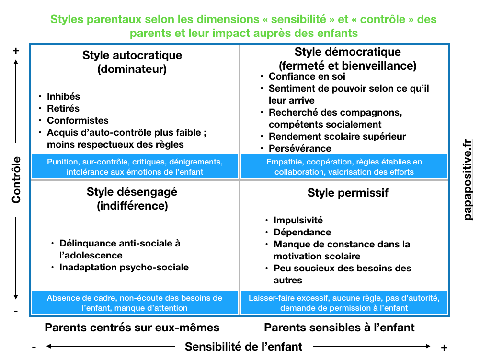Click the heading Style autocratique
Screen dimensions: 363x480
click(x=132, y=55)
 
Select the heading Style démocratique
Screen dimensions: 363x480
click(x=347, y=52)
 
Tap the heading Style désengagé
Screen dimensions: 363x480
click(x=132, y=192)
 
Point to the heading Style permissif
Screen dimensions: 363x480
click(x=348, y=193)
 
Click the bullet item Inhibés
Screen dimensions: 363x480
click(x=63, y=97)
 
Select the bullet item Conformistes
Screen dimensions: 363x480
click(x=78, y=120)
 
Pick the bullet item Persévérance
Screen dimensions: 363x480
click(x=300, y=148)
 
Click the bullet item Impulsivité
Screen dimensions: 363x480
click(x=298, y=220)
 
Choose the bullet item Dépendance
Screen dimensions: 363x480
click(x=302, y=232)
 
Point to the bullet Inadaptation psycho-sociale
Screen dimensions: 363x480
click(x=124, y=267)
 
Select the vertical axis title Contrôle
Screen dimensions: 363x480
click(x=16, y=180)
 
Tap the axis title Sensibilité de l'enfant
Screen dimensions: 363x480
click(x=244, y=347)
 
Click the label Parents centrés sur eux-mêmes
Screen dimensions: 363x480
click(x=132, y=328)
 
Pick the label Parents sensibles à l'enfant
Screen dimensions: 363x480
click(x=339, y=328)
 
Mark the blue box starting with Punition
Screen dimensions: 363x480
click(x=135, y=166)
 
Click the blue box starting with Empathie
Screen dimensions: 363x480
click(x=344, y=166)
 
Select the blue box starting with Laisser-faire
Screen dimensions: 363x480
click(x=344, y=303)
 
